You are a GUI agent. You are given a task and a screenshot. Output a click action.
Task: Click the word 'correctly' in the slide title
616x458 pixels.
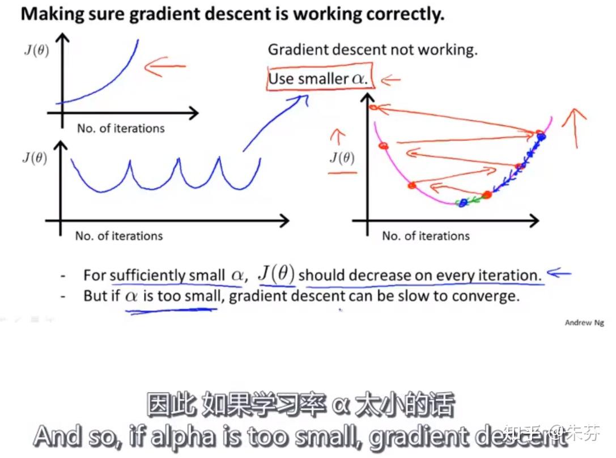(x=404, y=14)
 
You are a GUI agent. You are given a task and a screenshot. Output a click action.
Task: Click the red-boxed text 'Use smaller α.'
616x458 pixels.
(x=318, y=79)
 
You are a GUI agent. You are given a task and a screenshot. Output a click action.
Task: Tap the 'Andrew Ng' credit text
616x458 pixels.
(x=584, y=323)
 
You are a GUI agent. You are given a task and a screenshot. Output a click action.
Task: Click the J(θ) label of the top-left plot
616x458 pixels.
(x=37, y=50)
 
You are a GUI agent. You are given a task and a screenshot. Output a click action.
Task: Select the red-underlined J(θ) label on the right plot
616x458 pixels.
(x=342, y=158)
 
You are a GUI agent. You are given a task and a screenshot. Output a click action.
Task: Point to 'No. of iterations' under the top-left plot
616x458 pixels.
(x=121, y=129)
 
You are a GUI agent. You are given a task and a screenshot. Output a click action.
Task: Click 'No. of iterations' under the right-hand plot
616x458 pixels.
(x=426, y=236)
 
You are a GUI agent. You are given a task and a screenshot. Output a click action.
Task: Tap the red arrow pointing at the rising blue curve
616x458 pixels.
(x=165, y=66)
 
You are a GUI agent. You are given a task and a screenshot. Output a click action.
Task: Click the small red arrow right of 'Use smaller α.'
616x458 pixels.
(x=390, y=80)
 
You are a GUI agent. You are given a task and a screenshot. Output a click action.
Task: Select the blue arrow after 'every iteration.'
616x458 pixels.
(x=559, y=273)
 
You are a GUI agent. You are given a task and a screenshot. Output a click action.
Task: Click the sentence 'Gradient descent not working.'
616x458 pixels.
(x=372, y=50)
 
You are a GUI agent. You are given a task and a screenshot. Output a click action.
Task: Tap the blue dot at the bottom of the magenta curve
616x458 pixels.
(x=463, y=203)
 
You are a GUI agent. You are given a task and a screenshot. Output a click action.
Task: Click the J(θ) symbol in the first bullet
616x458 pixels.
(x=277, y=274)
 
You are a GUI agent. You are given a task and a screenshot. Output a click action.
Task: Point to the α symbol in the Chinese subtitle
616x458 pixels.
(x=340, y=405)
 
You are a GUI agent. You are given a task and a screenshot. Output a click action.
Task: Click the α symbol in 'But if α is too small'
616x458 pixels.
(x=131, y=296)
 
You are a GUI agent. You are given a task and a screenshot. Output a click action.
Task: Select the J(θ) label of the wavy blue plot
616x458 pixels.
(x=35, y=158)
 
